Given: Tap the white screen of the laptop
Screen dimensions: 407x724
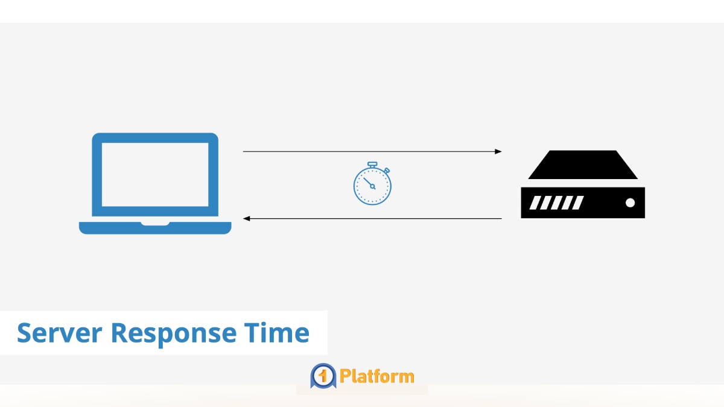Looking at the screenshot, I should tap(155, 174).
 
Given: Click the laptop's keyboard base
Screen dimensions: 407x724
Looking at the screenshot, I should tap(155, 229).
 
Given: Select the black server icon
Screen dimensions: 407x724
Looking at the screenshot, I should tap(583, 185).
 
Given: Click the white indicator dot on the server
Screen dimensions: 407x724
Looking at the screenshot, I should tap(630, 203).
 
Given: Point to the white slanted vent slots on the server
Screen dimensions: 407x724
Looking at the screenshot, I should tap(556, 203).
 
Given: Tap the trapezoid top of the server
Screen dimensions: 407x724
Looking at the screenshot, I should tap(583, 165).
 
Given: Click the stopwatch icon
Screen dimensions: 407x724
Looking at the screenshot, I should tap(372, 184).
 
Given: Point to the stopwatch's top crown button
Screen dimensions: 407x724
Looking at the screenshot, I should tap(372, 164).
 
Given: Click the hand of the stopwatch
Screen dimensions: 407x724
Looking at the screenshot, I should tap(369, 182).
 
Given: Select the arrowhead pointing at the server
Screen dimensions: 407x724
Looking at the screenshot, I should tap(498, 151).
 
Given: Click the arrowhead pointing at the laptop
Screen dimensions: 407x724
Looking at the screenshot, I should tap(246, 218).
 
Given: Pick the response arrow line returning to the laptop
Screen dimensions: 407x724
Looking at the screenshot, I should tap(374, 218).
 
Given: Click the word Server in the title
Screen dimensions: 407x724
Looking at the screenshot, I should tap(59, 333).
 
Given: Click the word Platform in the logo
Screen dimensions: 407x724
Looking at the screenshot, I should tap(377, 377).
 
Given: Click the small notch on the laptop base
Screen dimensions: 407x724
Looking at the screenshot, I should tap(155, 224).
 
